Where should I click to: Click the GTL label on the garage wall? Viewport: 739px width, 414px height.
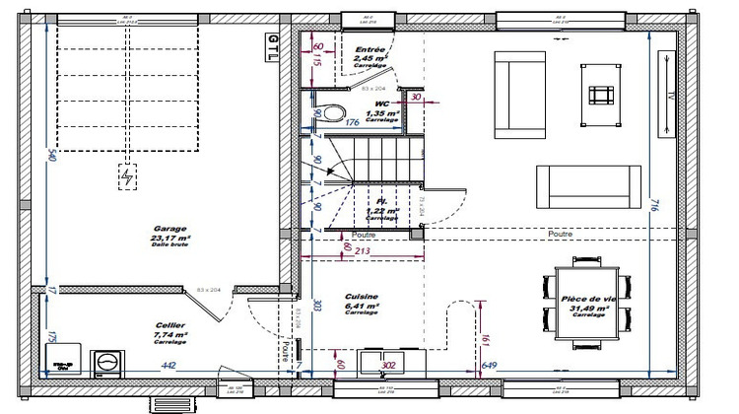pos(273,46)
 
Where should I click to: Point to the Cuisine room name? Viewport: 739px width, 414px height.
pos(361,297)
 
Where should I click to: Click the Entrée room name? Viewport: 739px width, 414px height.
pos(369,48)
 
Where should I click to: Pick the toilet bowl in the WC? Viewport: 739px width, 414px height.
pos(332,111)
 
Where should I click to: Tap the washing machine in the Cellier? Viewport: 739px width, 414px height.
pos(106,363)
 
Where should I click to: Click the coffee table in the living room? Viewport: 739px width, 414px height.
pos(600,95)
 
